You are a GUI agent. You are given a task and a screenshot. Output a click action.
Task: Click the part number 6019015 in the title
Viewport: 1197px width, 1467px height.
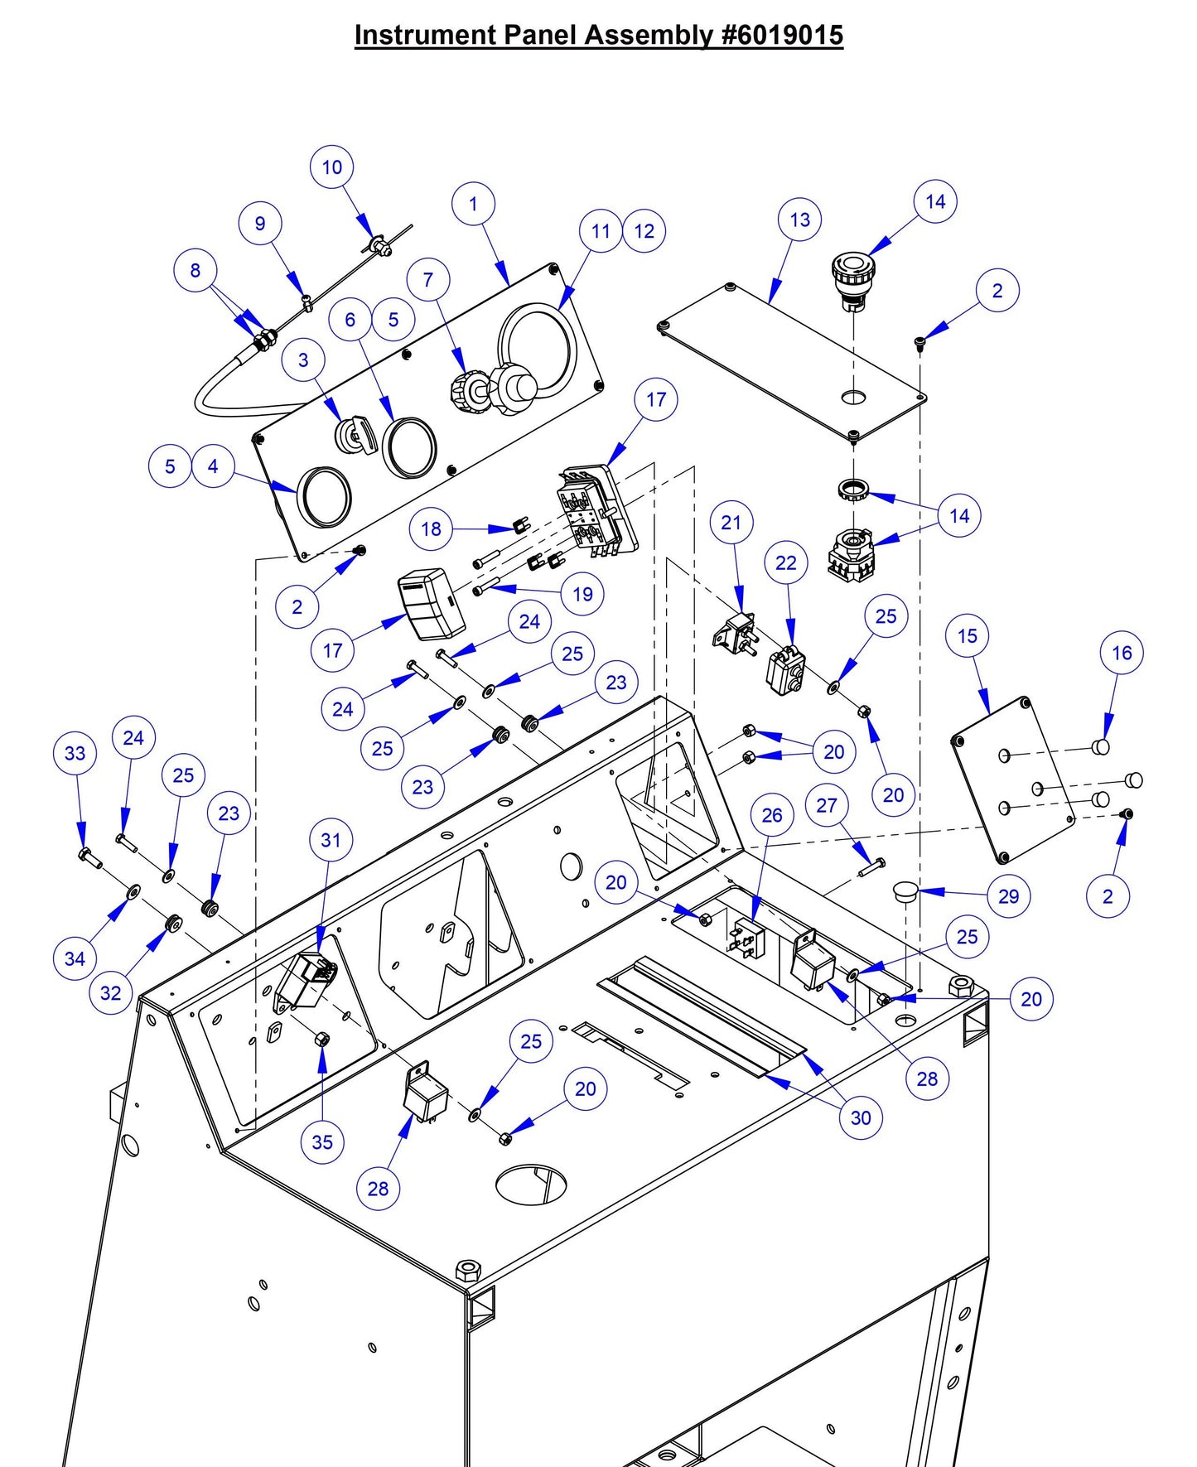(x=782, y=35)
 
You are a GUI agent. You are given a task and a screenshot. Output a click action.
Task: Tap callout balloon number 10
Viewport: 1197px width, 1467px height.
(x=331, y=167)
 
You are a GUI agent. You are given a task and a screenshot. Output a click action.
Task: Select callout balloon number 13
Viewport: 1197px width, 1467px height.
(x=799, y=220)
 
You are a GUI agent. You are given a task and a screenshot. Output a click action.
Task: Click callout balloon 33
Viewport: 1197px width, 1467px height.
(x=75, y=753)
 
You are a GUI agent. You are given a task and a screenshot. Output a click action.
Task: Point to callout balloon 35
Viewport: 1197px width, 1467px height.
(x=322, y=1142)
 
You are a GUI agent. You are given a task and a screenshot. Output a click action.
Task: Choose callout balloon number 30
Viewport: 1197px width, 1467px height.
(x=861, y=1117)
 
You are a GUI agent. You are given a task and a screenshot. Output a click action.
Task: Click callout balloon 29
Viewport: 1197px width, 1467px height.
(x=1008, y=896)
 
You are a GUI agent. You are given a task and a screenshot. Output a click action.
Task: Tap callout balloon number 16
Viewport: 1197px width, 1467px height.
(x=1122, y=653)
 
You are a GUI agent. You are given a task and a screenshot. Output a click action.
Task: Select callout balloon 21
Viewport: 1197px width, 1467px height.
(x=731, y=523)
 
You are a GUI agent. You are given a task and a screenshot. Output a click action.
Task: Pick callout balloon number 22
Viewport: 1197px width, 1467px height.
(x=785, y=563)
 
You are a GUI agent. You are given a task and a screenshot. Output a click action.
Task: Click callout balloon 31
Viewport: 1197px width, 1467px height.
(x=331, y=840)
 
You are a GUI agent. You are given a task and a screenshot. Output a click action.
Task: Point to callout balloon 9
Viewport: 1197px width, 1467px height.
(x=260, y=224)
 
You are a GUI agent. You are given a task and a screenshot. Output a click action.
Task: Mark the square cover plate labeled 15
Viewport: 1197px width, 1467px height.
(x=1012, y=779)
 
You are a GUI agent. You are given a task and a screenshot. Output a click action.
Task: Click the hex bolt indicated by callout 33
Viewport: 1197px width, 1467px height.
(x=88, y=857)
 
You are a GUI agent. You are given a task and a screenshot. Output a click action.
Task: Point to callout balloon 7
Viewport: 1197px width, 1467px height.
(x=427, y=280)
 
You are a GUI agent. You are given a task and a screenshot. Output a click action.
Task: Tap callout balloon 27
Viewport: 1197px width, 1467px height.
(x=826, y=805)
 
